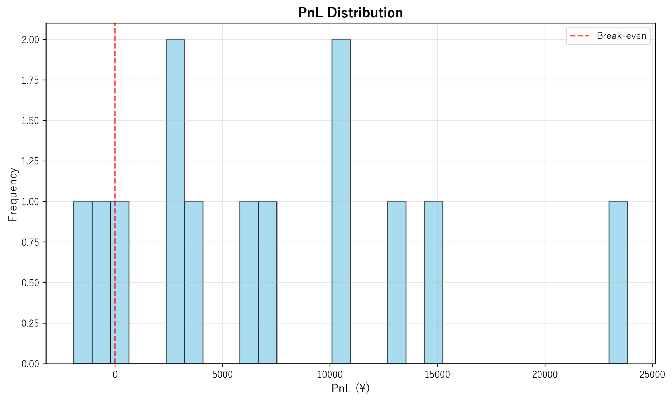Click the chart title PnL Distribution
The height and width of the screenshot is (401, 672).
click(x=350, y=13)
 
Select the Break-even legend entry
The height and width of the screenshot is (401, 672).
click(x=608, y=36)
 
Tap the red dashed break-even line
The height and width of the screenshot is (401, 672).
click(x=115, y=105)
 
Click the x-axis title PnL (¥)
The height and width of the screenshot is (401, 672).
click(x=350, y=388)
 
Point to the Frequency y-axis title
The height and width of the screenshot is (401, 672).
click(x=13, y=194)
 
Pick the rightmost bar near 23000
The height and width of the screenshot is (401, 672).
click(x=618, y=283)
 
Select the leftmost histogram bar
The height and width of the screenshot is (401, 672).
click(x=83, y=283)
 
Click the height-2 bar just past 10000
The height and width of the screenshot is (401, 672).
click(x=341, y=202)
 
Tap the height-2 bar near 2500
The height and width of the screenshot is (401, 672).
click(x=175, y=202)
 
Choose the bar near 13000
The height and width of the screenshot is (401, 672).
click(x=397, y=283)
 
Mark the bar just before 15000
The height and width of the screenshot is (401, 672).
click(x=434, y=283)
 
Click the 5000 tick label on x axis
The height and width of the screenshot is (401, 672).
click(x=223, y=375)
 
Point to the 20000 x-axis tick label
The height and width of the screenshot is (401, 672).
click(x=545, y=375)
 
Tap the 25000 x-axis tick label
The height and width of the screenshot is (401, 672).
click(x=652, y=375)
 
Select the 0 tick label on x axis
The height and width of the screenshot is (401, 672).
click(x=115, y=375)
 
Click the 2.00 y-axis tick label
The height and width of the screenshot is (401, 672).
click(x=30, y=40)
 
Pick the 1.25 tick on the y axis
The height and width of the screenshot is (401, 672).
click(x=30, y=161)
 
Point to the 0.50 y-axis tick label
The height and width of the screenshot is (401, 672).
click(x=30, y=283)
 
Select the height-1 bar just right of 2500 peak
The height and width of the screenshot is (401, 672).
click(x=194, y=283)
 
